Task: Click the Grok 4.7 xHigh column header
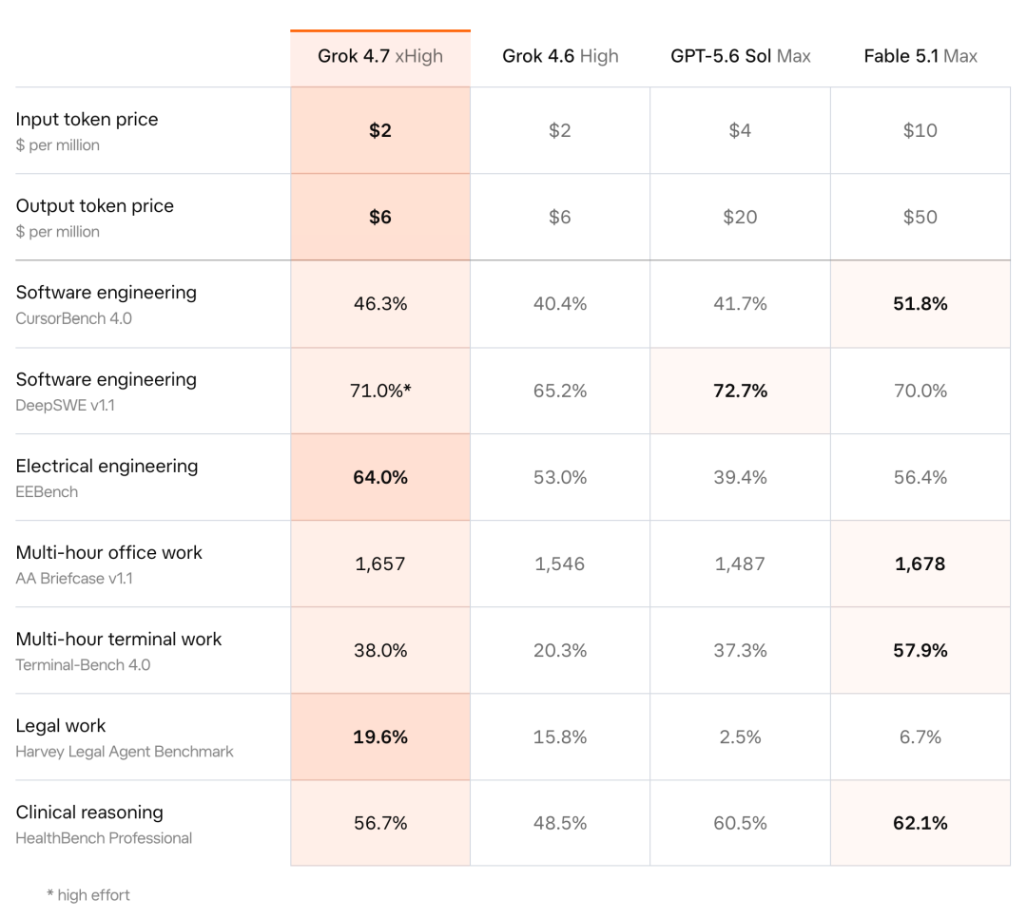pyautogui.click(x=379, y=56)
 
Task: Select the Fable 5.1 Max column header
pyautogui.click(x=920, y=56)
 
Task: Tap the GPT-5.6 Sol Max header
pyautogui.click(x=740, y=56)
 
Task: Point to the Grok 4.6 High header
pyautogui.click(x=560, y=56)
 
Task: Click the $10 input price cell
pyautogui.click(x=920, y=130)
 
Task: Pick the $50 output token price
pyautogui.click(x=920, y=217)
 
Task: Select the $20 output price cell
pyautogui.click(x=740, y=217)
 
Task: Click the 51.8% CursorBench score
pyautogui.click(x=920, y=304)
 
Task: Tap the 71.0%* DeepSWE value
pyautogui.click(x=380, y=391)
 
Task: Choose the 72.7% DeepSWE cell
pyautogui.click(x=740, y=391)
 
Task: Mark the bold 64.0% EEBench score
pyautogui.click(x=380, y=477)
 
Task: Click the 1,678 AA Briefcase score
pyautogui.click(x=920, y=564)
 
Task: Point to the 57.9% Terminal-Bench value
pyautogui.click(x=920, y=650)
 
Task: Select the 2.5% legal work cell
pyautogui.click(x=740, y=737)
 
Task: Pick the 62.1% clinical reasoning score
pyautogui.click(x=920, y=823)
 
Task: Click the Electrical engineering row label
pyautogui.click(x=107, y=467)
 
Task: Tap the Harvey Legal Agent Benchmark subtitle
pyautogui.click(x=125, y=752)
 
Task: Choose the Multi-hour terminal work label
pyautogui.click(x=119, y=639)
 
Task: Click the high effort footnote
pyautogui.click(x=88, y=895)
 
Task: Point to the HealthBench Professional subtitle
pyautogui.click(x=104, y=838)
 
